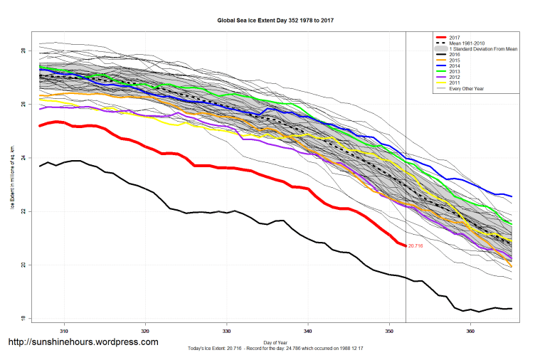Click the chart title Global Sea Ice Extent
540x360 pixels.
[x=275, y=21]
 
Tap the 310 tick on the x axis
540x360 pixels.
[x=64, y=331]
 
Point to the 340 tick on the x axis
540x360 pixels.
[x=308, y=331]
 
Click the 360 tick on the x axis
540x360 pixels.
[x=470, y=331]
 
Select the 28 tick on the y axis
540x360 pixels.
[x=23, y=51]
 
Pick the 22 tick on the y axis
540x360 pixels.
[x=23, y=211]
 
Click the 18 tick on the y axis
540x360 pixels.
[x=23, y=318]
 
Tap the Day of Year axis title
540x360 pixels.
[x=275, y=342]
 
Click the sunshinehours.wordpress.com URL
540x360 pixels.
[x=83, y=342]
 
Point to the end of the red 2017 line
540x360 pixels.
[x=405, y=245]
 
